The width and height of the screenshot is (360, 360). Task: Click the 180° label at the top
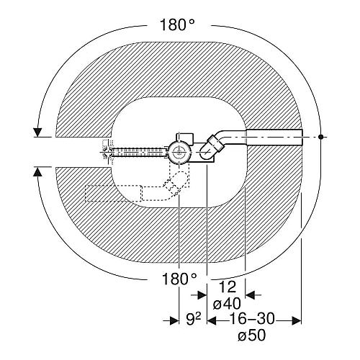point(177,24)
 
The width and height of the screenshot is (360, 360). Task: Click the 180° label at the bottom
point(179,279)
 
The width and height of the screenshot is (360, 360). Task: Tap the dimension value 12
point(228,287)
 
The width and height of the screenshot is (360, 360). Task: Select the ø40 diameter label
point(227,304)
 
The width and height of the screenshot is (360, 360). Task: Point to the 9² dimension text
point(194,320)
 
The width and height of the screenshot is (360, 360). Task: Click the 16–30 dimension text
point(252,319)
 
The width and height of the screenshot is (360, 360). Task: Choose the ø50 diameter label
point(252,335)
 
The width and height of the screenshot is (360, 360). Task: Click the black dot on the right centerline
point(320,137)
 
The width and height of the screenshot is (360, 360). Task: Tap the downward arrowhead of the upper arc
point(37,132)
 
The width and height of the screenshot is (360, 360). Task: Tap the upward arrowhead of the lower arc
point(37,172)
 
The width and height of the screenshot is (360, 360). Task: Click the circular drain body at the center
point(179,153)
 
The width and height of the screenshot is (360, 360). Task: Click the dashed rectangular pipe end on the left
point(113,193)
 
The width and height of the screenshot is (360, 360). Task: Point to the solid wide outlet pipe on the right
point(274,137)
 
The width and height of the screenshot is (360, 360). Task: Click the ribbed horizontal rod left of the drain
point(140,153)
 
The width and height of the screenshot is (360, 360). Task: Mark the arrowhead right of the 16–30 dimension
point(297,320)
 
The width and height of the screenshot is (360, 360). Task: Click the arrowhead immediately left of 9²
point(174,320)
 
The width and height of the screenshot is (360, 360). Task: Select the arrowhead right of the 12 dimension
point(250,295)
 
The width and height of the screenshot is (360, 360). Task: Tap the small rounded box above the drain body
point(185,138)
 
